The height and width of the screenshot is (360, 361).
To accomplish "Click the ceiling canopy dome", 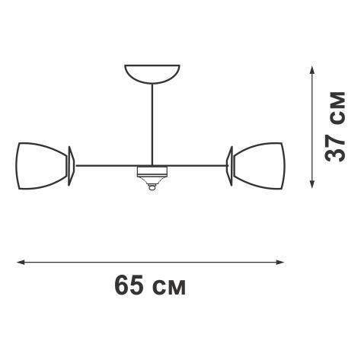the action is click(x=152, y=74).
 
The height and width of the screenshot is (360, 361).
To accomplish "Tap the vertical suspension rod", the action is click(x=152, y=124).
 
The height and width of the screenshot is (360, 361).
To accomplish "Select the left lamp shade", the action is click(x=41, y=166).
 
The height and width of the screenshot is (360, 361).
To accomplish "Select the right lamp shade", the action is click(x=260, y=166).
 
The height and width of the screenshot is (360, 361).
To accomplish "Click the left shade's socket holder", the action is click(x=71, y=166).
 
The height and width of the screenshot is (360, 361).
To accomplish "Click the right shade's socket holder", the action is click(x=229, y=166).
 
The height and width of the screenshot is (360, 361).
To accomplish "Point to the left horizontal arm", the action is click(x=107, y=166).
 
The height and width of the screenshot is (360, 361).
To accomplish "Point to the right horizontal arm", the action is click(x=197, y=166).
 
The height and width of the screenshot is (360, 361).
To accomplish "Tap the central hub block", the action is click(x=152, y=171).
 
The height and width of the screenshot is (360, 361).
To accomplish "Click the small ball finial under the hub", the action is click(x=152, y=187).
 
